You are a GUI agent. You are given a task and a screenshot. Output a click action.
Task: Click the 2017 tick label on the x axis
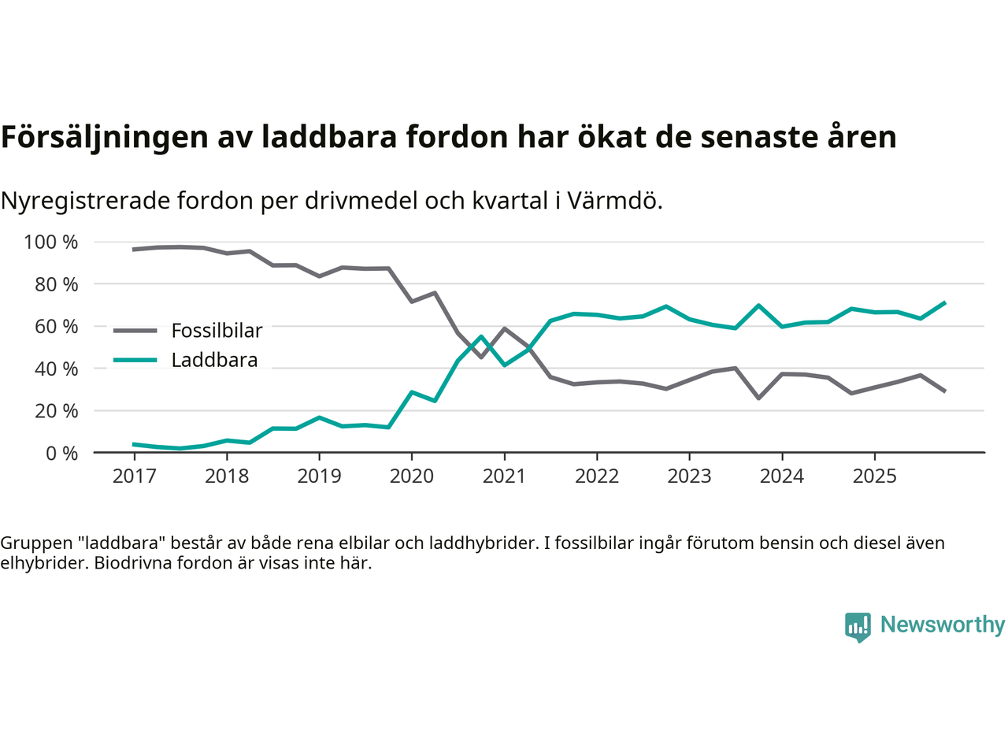pos(134,476)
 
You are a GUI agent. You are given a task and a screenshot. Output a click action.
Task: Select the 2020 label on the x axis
pos(412,476)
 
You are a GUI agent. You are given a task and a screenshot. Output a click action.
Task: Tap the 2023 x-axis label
pos(689,476)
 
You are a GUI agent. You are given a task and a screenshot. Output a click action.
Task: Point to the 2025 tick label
pos(874,476)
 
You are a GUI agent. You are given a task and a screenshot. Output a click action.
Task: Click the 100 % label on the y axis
pos(51,242)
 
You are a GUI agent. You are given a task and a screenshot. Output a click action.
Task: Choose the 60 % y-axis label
pos(56,326)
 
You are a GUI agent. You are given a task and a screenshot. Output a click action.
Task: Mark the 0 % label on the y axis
pos(61,453)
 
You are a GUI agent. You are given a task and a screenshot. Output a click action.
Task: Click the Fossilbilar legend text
pos(217,331)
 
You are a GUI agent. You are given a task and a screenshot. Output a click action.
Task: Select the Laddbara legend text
pos(214,360)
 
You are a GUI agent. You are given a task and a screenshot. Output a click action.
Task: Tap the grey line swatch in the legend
pos(135,331)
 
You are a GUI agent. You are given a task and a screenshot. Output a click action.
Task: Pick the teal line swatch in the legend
pos(135,360)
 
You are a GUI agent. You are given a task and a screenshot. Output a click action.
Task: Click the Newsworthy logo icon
pos(858,627)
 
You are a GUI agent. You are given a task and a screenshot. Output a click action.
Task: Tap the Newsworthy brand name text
pos(942,624)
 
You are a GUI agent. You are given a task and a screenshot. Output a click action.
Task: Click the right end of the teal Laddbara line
pos(944,302)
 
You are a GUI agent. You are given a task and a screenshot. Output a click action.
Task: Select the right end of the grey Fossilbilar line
pos(944,391)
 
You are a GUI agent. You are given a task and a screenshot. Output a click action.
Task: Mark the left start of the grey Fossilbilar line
pos(134,249)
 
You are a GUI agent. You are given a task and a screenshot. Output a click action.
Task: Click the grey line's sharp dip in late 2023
pos(758,398)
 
